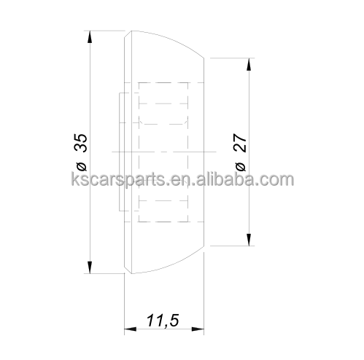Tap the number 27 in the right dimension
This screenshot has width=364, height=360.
pos(241,143)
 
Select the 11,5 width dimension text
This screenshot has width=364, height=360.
pos(163,321)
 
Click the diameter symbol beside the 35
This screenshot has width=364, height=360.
pos(82,166)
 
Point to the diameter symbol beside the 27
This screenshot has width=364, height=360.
pos(241,166)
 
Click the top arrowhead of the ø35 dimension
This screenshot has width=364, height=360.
pos(90,37)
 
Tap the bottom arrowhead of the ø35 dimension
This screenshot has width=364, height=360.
pos(90,267)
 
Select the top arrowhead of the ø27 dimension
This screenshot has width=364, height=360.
pos(249,64)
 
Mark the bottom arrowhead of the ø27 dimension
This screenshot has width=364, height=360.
pos(249,240)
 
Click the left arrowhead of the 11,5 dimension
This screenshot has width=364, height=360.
pos(131,329)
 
